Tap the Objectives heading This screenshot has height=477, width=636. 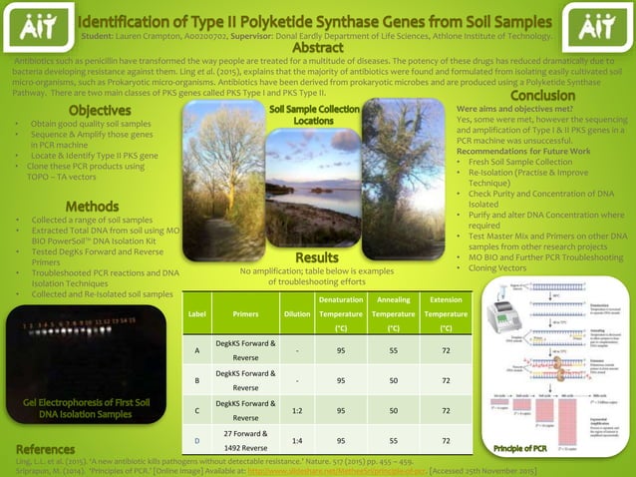[x=100, y=110]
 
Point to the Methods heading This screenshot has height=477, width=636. [x=93, y=206]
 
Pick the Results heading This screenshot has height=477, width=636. [x=317, y=258]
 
